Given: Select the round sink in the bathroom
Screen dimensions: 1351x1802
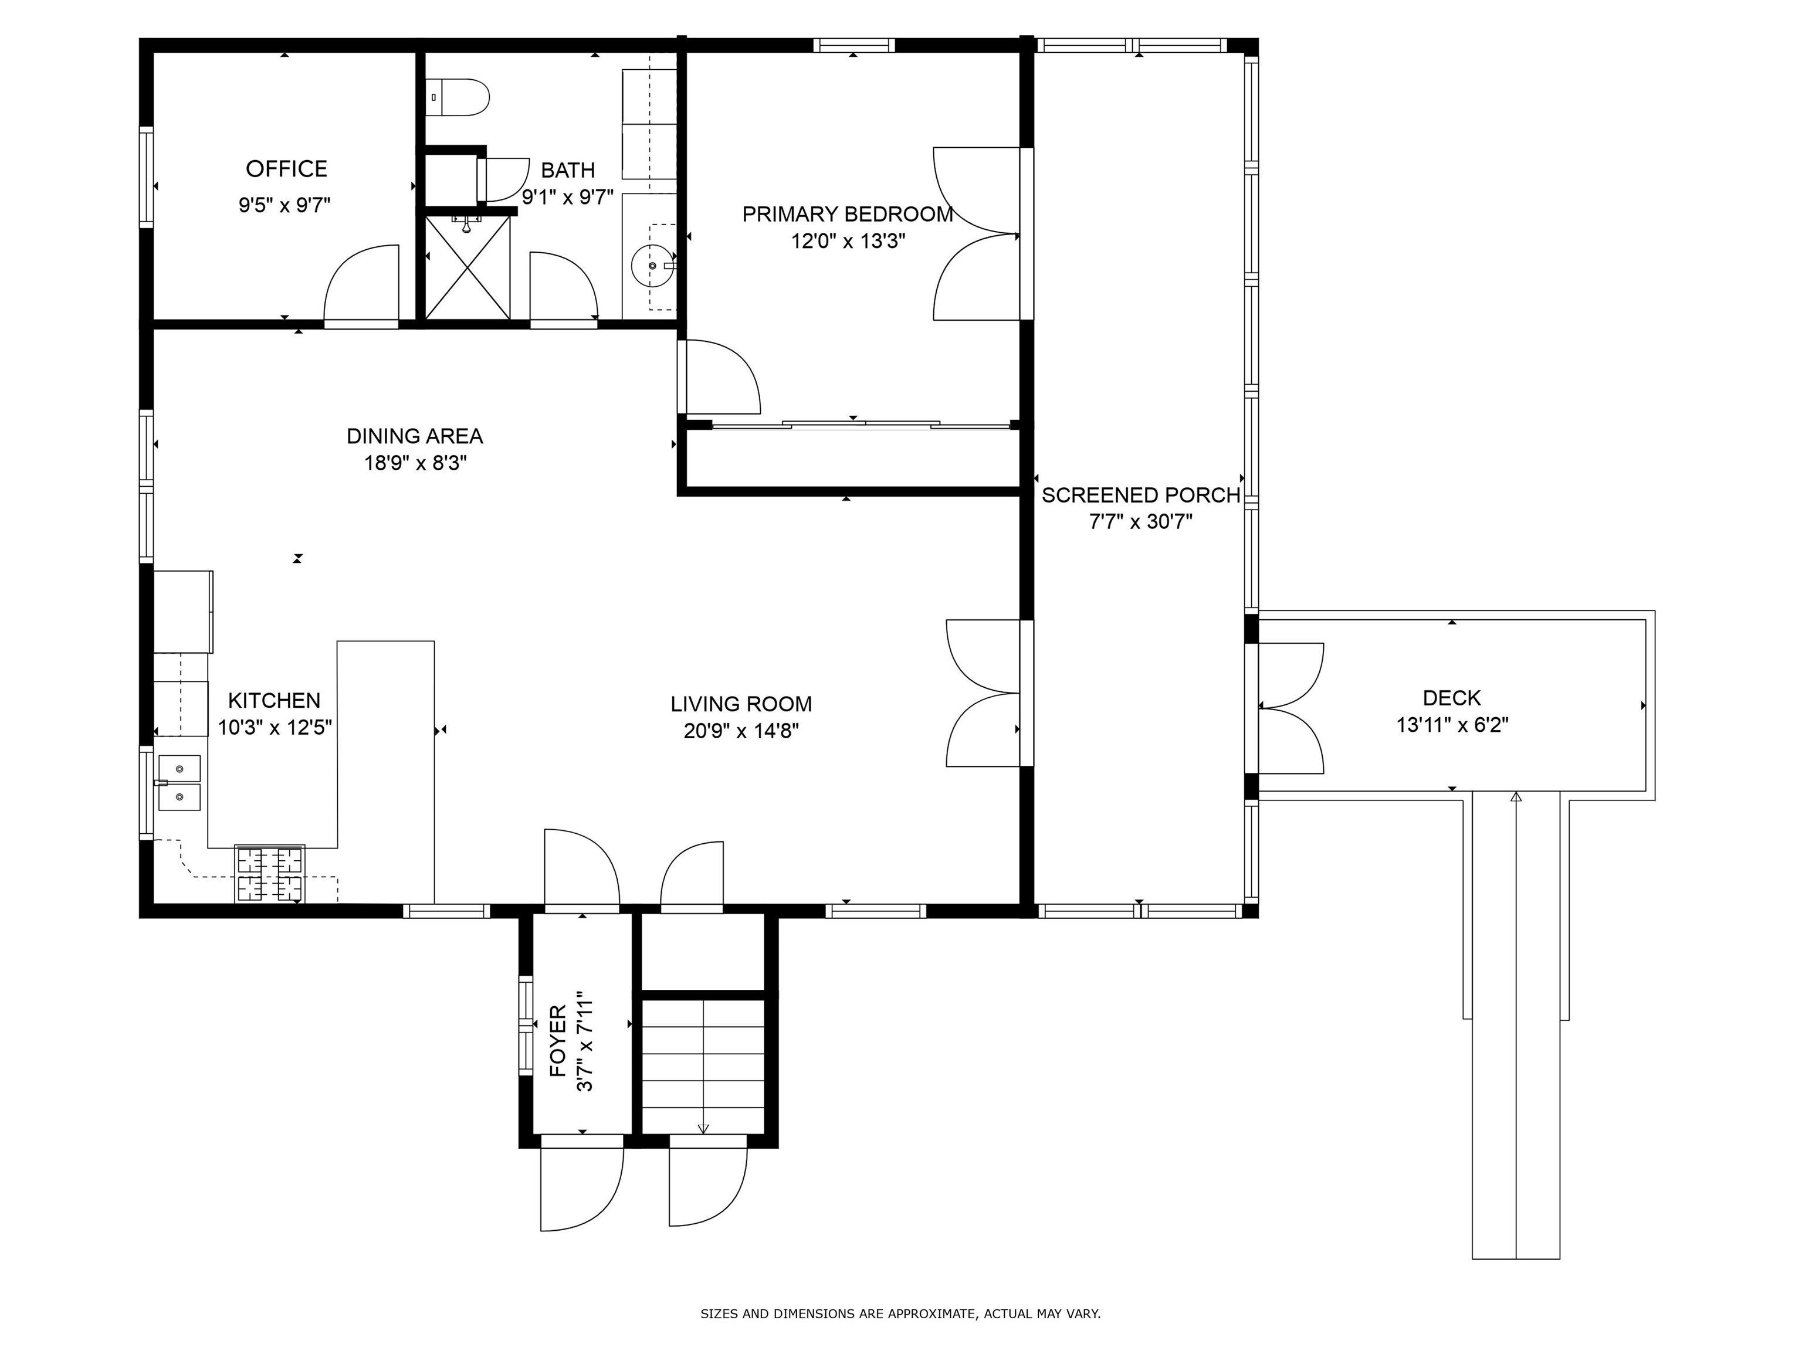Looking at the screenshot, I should [652, 266].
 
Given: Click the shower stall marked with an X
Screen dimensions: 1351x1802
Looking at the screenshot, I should [468, 268].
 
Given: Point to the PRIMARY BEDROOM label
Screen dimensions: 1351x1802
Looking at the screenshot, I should [847, 214].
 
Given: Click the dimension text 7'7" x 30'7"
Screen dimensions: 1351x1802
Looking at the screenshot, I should [1140, 522].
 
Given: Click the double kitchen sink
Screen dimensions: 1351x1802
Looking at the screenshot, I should [179, 783].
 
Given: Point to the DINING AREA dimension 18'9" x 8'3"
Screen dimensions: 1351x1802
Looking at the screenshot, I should [415, 463].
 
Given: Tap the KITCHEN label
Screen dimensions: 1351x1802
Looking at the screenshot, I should [274, 700].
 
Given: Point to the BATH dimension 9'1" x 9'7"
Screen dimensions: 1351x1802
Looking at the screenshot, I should [568, 197].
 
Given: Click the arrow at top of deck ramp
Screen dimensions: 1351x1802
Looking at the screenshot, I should [1515, 797].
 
